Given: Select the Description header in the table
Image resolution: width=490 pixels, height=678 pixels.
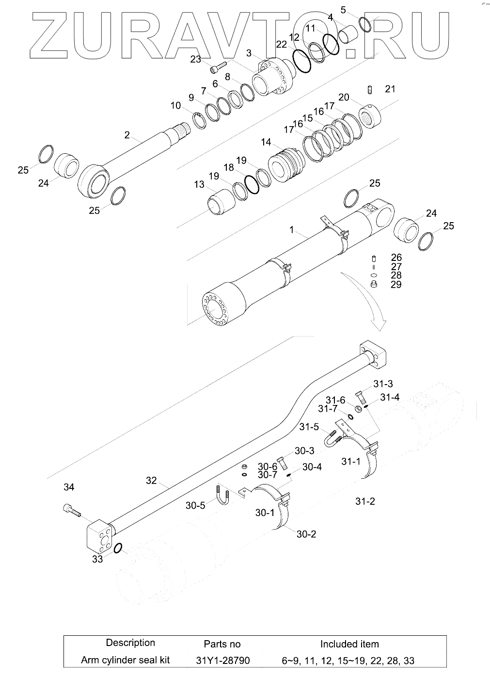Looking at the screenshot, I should point(130,643).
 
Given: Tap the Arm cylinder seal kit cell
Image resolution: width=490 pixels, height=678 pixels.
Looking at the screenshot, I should point(125,660).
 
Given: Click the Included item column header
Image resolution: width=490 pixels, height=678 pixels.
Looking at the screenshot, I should point(349,644).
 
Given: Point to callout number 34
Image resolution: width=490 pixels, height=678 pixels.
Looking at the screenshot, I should point(69,487).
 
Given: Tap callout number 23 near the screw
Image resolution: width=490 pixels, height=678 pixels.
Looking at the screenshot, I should point(195,59).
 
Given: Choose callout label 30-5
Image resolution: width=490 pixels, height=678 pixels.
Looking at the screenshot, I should point(195,505).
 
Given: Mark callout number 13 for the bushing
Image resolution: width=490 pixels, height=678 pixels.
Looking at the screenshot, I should point(199,184).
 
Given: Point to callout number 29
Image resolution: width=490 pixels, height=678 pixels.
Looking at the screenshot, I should point(396,284).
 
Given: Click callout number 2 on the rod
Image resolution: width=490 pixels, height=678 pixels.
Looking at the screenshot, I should point(127,135).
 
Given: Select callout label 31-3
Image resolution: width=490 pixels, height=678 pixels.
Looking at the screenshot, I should point(383,384).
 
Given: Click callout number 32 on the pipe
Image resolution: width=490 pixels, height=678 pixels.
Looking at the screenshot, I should point(151,480).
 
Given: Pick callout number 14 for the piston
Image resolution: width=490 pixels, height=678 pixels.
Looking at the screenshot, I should point(266,142).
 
